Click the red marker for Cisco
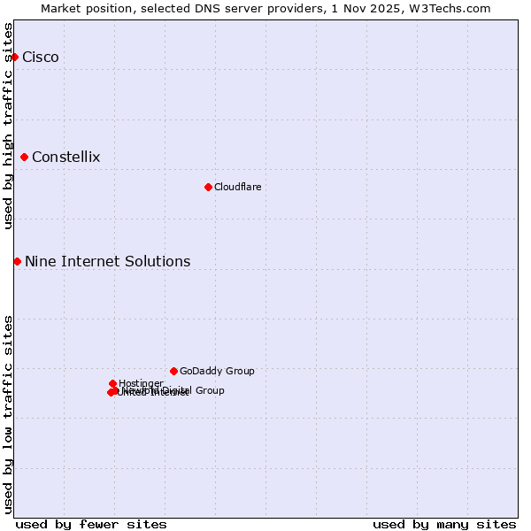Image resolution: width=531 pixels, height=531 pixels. point(14,57)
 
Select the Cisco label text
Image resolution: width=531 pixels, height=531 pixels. point(41,58)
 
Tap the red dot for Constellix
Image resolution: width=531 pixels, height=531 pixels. point(24,157)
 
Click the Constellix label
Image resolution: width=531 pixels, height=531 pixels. point(65,158)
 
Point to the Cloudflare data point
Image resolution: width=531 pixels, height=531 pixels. point(208,187)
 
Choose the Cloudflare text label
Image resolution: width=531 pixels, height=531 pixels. point(237,187)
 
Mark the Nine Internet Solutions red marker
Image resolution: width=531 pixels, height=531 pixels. point(17,261)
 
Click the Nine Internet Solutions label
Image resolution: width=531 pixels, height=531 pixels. point(107,262)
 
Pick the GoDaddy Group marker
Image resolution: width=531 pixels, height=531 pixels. point(173,371)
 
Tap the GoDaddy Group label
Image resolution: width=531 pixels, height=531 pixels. point(217,372)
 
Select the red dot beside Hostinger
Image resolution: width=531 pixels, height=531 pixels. point(112,383)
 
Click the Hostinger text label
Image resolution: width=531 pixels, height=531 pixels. point(141,383)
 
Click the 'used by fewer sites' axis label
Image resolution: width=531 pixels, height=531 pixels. point(91,524)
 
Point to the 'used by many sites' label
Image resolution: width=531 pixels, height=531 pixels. point(444,524)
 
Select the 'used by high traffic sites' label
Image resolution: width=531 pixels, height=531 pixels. point(8,126)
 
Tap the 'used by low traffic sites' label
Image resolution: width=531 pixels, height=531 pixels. point(8,413)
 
